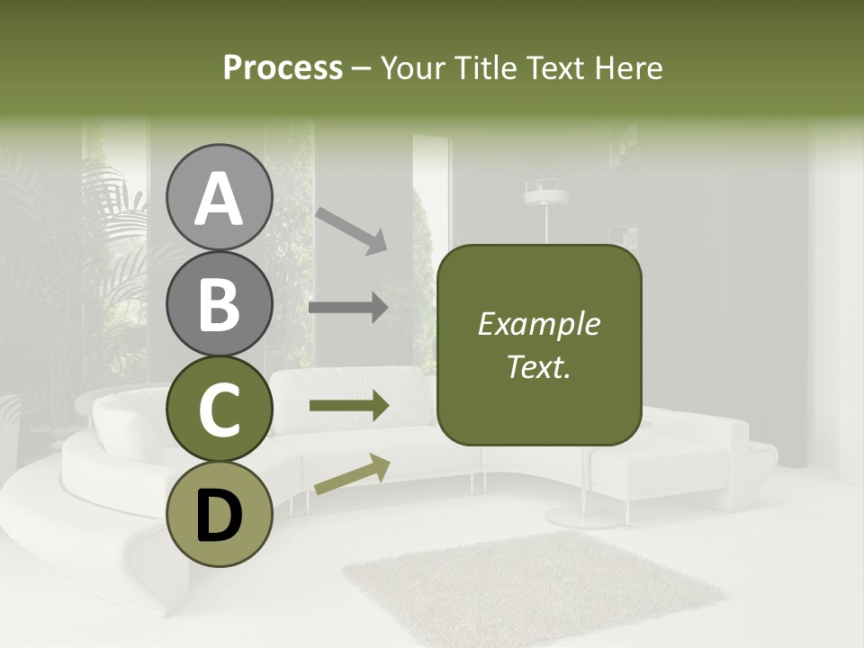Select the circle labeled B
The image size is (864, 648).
tap(219, 303)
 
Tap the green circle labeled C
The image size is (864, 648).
tap(219, 409)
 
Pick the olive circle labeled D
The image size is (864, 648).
tap(219, 514)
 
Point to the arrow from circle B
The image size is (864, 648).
tap(348, 307)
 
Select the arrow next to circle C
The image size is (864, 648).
tap(349, 406)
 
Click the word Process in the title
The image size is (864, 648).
tap(283, 67)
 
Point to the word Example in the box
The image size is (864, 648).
tap(538, 324)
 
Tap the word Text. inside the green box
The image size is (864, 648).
tap(538, 366)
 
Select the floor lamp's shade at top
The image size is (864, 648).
tap(545, 192)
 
